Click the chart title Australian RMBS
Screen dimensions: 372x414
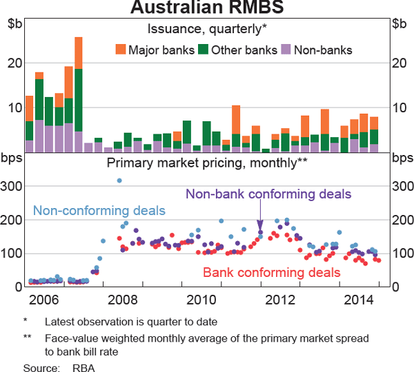click(x=206, y=9)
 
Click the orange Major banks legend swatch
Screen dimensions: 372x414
click(x=121, y=50)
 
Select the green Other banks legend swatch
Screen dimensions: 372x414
click(x=203, y=50)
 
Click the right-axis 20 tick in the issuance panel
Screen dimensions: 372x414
click(x=400, y=63)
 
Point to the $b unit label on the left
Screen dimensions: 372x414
click(x=14, y=25)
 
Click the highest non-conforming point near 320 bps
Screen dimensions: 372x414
click(x=119, y=180)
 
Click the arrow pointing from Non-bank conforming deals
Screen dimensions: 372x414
click(x=261, y=225)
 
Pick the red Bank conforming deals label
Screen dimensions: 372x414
click(x=271, y=273)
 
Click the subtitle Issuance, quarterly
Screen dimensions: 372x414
click(x=207, y=29)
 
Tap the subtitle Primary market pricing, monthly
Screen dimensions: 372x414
click(x=207, y=163)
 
